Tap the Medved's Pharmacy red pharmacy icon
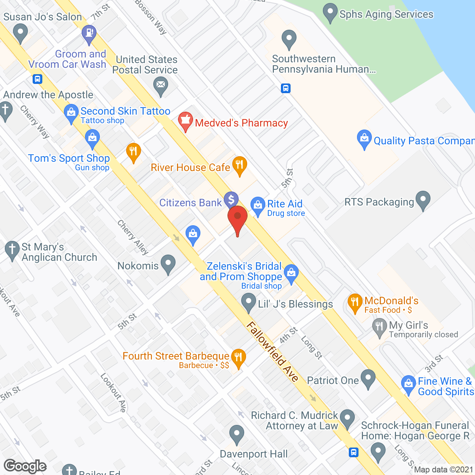click(185, 121)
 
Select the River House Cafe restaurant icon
click(240, 165)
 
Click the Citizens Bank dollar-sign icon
click(231, 200)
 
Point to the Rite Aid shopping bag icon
click(258, 205)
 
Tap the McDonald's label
click(391, 301)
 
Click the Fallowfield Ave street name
click(273, 351)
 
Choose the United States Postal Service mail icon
click(161, 85)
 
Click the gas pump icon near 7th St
click(89, 33)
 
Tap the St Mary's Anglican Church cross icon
click(12, 249)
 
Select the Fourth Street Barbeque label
click(176, 356)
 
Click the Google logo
click(25, 466)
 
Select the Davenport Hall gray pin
click(236, 434)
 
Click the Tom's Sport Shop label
click(69, 158)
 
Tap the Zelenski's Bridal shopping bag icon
click(291, 273)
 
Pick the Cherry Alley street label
click(133, 237)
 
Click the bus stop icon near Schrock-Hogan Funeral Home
click(353, 452)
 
